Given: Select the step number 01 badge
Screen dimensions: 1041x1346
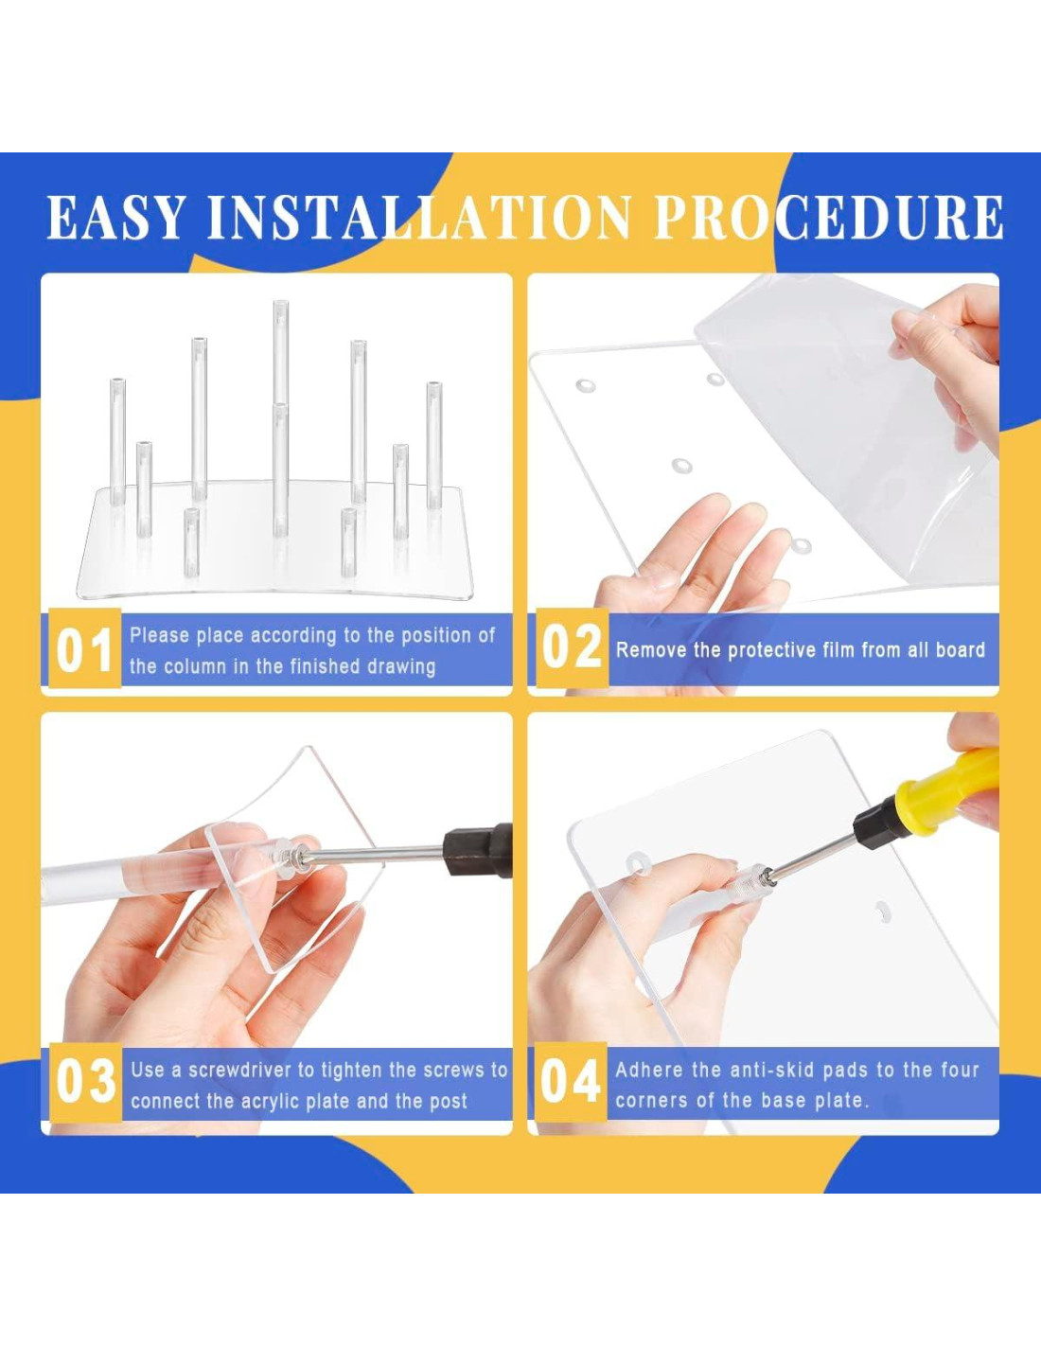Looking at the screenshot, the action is coord(84,648).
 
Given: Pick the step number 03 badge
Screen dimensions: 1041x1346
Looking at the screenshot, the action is coord(85,1082).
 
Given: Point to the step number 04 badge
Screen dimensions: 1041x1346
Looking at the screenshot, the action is coord(570,1082).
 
